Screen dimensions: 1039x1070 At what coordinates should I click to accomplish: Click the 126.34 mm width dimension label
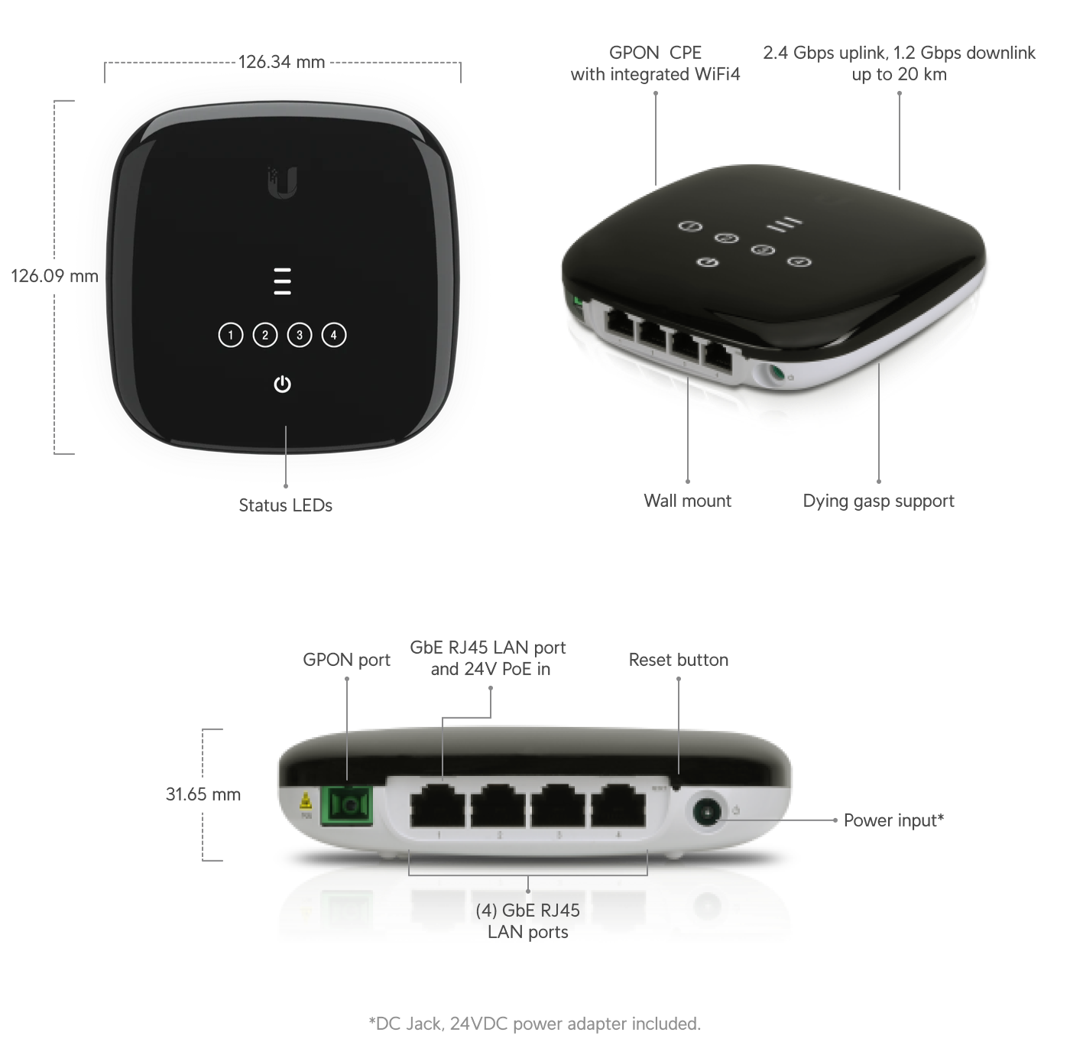point(281,62)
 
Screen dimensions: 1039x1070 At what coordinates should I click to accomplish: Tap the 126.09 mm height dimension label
point(54,276)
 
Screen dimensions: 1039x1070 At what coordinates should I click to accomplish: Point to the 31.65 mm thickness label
point(203,794)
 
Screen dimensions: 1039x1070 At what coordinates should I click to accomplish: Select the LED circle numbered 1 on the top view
point(231,335)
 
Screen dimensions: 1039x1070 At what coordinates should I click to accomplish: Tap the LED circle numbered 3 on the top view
point(300,335)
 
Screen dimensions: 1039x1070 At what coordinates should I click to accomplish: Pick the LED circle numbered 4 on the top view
point(334,335)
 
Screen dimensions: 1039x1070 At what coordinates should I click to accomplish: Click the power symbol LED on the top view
point(282,384)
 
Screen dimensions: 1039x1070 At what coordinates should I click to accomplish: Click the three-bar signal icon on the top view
point(282,281)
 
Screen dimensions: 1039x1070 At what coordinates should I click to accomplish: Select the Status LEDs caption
point(285,505)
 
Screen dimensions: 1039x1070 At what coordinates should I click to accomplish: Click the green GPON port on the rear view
point(348,806)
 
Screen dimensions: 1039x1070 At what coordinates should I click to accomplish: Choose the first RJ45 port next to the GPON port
point(439,806)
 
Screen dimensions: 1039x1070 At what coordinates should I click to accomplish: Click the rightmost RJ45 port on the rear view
point(618,806)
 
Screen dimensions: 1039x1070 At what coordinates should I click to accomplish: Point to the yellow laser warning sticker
point(306,803)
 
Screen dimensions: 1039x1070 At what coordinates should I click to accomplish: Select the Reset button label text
point(678,660)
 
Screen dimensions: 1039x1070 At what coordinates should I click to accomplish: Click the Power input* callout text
point(893,820)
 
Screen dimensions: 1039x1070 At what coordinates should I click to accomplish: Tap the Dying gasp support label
point(878,501)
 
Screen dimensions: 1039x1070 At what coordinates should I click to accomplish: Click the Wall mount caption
point(687,501)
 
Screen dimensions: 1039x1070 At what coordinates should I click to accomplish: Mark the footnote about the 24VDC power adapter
point(534,1023)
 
